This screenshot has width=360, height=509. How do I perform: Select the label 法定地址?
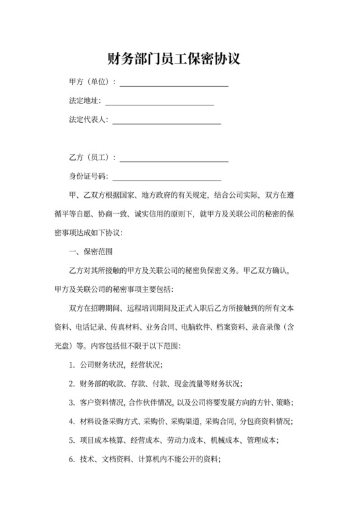click(x=84, y=101)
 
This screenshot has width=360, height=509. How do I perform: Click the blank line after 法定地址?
click(x=159, y=103)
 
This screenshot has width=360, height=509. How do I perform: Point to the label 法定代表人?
click(x=88, y=120)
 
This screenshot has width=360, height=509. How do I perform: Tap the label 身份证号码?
click(x=88, y=176)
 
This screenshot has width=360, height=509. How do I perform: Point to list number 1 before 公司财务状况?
click(x=71, y=365)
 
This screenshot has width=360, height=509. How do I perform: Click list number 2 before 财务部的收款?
click(x=71, y=384)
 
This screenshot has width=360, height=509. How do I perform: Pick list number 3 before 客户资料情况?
click(x=71, y=403)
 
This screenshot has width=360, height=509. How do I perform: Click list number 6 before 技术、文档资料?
click(x=71, y=460)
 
